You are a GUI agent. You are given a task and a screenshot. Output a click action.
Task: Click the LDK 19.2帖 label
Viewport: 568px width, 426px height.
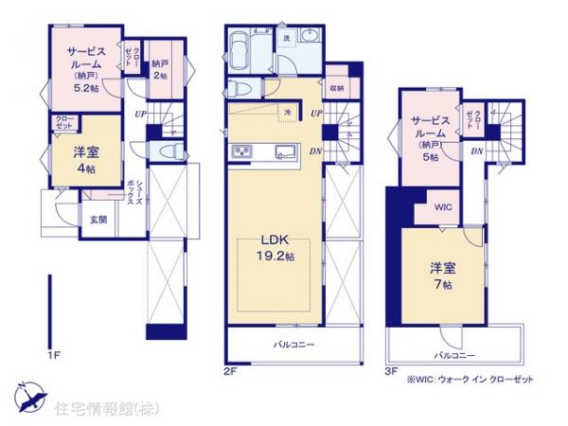coord(276,246)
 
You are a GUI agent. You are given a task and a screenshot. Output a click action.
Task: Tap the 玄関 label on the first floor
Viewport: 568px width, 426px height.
coord(98,220)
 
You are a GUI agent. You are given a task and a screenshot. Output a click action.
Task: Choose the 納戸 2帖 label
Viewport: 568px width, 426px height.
coord(160,69)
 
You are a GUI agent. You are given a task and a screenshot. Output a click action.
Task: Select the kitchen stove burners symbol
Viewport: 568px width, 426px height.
coord(240,151)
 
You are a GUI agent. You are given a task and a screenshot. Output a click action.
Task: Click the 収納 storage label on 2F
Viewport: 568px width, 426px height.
coord(337,88)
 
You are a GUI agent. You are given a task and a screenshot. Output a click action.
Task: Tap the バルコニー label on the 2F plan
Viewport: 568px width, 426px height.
coord(294,345)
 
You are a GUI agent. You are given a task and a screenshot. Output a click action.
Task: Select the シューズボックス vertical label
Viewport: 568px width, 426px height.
coord(139,198)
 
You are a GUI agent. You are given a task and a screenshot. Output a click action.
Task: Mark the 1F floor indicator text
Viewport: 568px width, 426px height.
coord(54,356)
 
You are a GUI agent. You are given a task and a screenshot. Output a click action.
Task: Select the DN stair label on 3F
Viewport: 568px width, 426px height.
coord(477,152)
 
